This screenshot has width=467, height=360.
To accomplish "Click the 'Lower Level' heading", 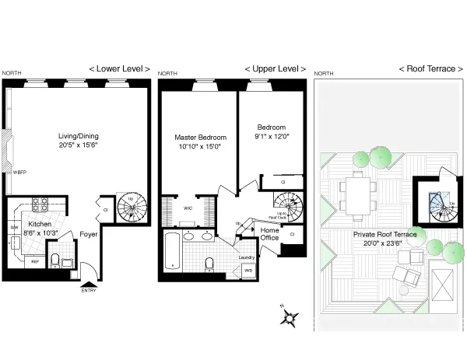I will (119, 68).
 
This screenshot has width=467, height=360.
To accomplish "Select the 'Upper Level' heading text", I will (275, 68).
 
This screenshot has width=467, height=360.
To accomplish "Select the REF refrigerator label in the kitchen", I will (35, 262).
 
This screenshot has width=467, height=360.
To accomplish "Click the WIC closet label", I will (188, 208).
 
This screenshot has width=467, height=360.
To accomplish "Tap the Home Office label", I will (269, 234).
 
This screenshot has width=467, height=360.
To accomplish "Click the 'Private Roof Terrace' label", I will (384, 234).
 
